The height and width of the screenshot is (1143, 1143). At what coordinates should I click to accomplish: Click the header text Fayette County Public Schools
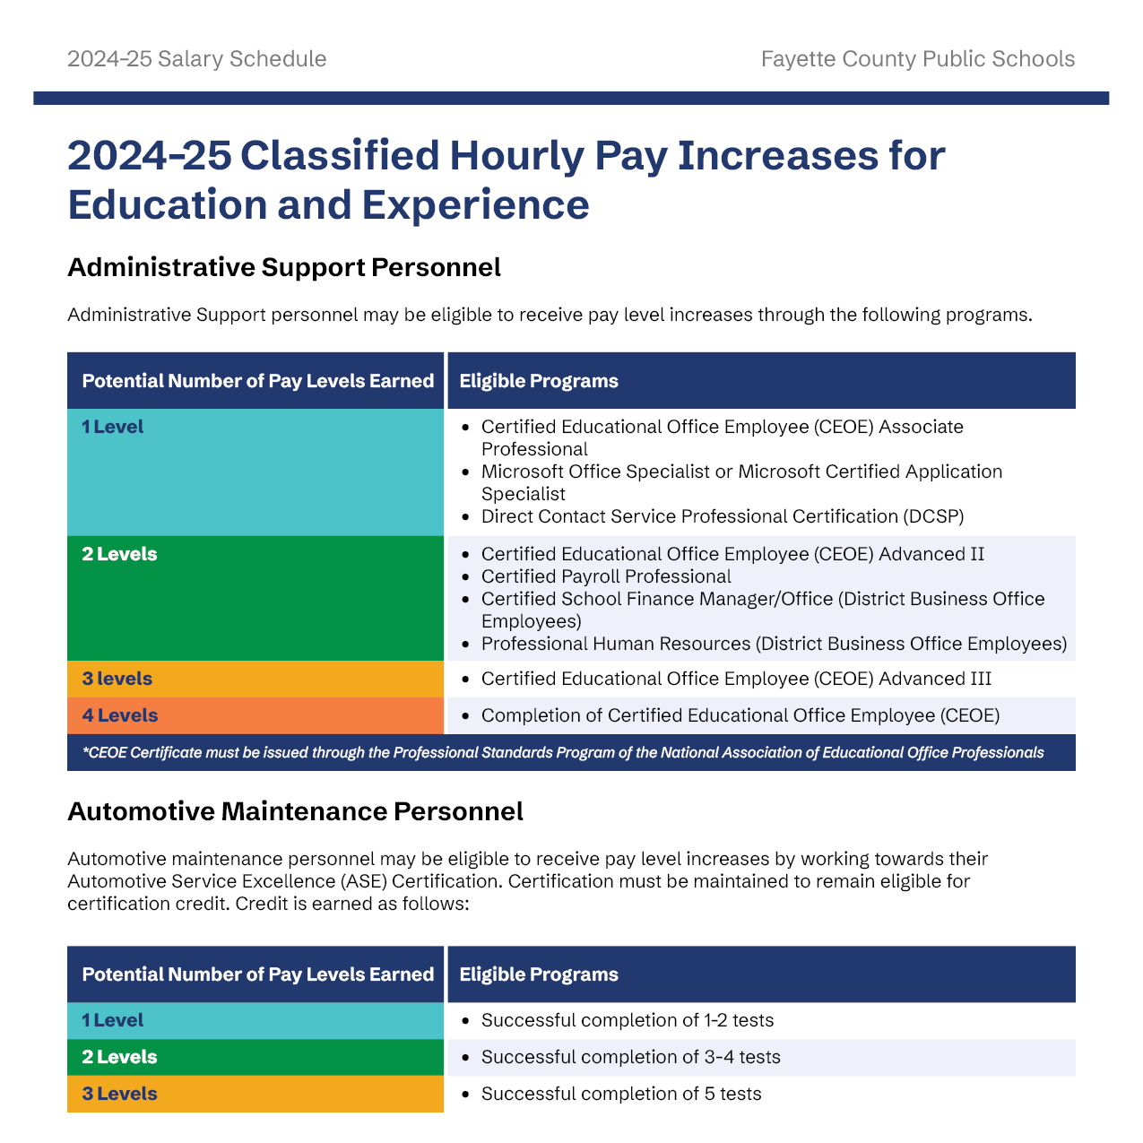[x=917, y=59]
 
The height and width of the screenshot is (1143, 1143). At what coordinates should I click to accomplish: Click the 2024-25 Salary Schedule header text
[x=196, y=59]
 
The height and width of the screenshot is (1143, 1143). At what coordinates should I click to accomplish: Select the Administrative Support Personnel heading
[x=283, y=267]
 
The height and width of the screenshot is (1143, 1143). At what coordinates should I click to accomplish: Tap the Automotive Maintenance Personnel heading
[x=295, y=811]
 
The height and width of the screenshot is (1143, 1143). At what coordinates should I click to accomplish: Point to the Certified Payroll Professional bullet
[x=606, y=576]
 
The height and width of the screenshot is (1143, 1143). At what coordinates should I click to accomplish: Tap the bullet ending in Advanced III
[x=736, y=679]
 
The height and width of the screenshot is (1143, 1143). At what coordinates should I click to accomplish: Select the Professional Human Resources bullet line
[x=774, y=644]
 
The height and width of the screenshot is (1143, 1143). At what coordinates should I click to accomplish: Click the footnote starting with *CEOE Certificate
[x=563, y=753]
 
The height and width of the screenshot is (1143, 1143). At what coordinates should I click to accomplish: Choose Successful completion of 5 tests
[x=621, y=1094]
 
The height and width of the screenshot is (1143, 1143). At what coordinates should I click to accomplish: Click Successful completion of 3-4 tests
[x=630, y=1057]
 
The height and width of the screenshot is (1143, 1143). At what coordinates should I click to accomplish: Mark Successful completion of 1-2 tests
[x=627, y=1020]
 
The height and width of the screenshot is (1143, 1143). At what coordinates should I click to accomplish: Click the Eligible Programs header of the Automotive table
[x=539, y=974]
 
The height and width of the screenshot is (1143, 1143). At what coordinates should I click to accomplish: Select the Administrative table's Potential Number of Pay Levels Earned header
[x=257, y=381]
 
